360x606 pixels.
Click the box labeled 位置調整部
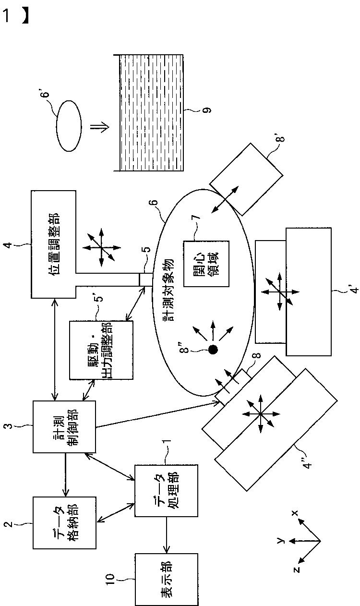click(54, 244)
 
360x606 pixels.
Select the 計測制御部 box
click(64, 426)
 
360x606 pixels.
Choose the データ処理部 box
click(167, 491)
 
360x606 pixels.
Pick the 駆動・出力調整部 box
click(101, 350)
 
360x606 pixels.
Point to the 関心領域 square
click(206, 264)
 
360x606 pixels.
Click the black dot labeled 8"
click(213, 350)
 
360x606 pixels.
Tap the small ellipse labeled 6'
click(69, 126)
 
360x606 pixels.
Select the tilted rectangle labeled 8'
click(246, 180)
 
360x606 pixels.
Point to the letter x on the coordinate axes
click(295, 513)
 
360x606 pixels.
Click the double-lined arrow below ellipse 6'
click(99, 126)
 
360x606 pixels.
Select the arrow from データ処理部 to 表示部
click(167, 535)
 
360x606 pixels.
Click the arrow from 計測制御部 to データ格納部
click(65, 475)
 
